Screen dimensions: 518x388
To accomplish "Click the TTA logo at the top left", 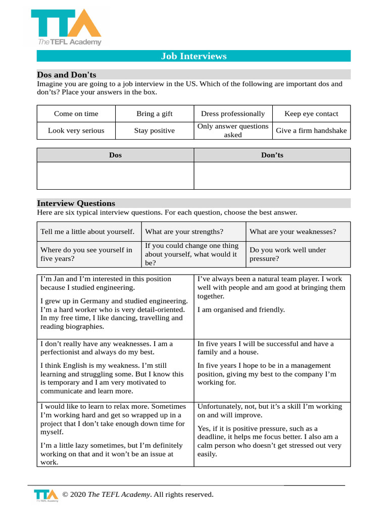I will tap(66, 27).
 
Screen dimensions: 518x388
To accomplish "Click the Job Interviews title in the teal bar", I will tap(193, 56).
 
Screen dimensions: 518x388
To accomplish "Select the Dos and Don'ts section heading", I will tap(66, 74).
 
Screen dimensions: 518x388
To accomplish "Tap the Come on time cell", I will tap(76, 114).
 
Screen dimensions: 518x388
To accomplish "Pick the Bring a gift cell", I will tap(154, 114).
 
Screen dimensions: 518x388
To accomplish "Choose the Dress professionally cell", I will tap(232, 114).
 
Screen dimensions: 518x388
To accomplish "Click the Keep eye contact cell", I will tap(311, 114).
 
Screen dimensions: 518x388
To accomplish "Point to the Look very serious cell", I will tap(76, 131).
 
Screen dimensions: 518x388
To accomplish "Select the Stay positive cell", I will tap(154, 131).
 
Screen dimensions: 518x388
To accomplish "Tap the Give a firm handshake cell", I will tap(311, 131).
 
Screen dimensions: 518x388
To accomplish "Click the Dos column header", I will tap(115, 155).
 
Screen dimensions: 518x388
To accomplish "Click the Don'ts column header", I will tap(272, 155).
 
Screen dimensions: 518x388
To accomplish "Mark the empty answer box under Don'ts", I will tap(272, 176).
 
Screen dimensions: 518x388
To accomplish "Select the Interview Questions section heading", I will tap(76, 203).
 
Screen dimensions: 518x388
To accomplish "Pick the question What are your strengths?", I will tap(184, 232).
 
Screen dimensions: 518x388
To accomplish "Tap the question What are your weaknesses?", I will tap(293, 232).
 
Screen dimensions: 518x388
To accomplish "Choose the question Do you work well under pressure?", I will tap(287, 254).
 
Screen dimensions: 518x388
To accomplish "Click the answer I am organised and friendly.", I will tap(241, 310).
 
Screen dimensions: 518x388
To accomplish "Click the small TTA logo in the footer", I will tap(46, 495).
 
